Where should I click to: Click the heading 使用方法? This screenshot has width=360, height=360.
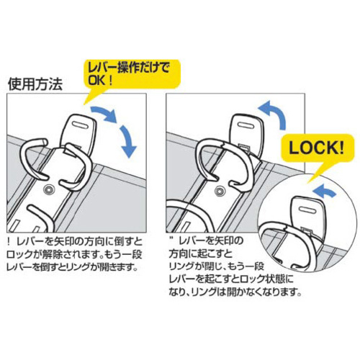coord(35,84)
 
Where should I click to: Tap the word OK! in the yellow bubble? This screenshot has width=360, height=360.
coord(100,81)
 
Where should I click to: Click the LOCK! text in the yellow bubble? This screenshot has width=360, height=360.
coord(316,148)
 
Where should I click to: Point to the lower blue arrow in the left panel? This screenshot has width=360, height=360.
coord(127,141)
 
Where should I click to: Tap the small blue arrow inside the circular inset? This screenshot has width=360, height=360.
coord(324,190)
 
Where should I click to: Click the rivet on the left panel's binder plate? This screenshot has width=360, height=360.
coord(49,189)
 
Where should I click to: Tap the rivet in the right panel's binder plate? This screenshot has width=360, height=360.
coord(219,191)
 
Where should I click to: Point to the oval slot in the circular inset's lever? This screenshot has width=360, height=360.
coord(307,210)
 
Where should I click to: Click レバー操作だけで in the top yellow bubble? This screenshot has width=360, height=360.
coord(129,68)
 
